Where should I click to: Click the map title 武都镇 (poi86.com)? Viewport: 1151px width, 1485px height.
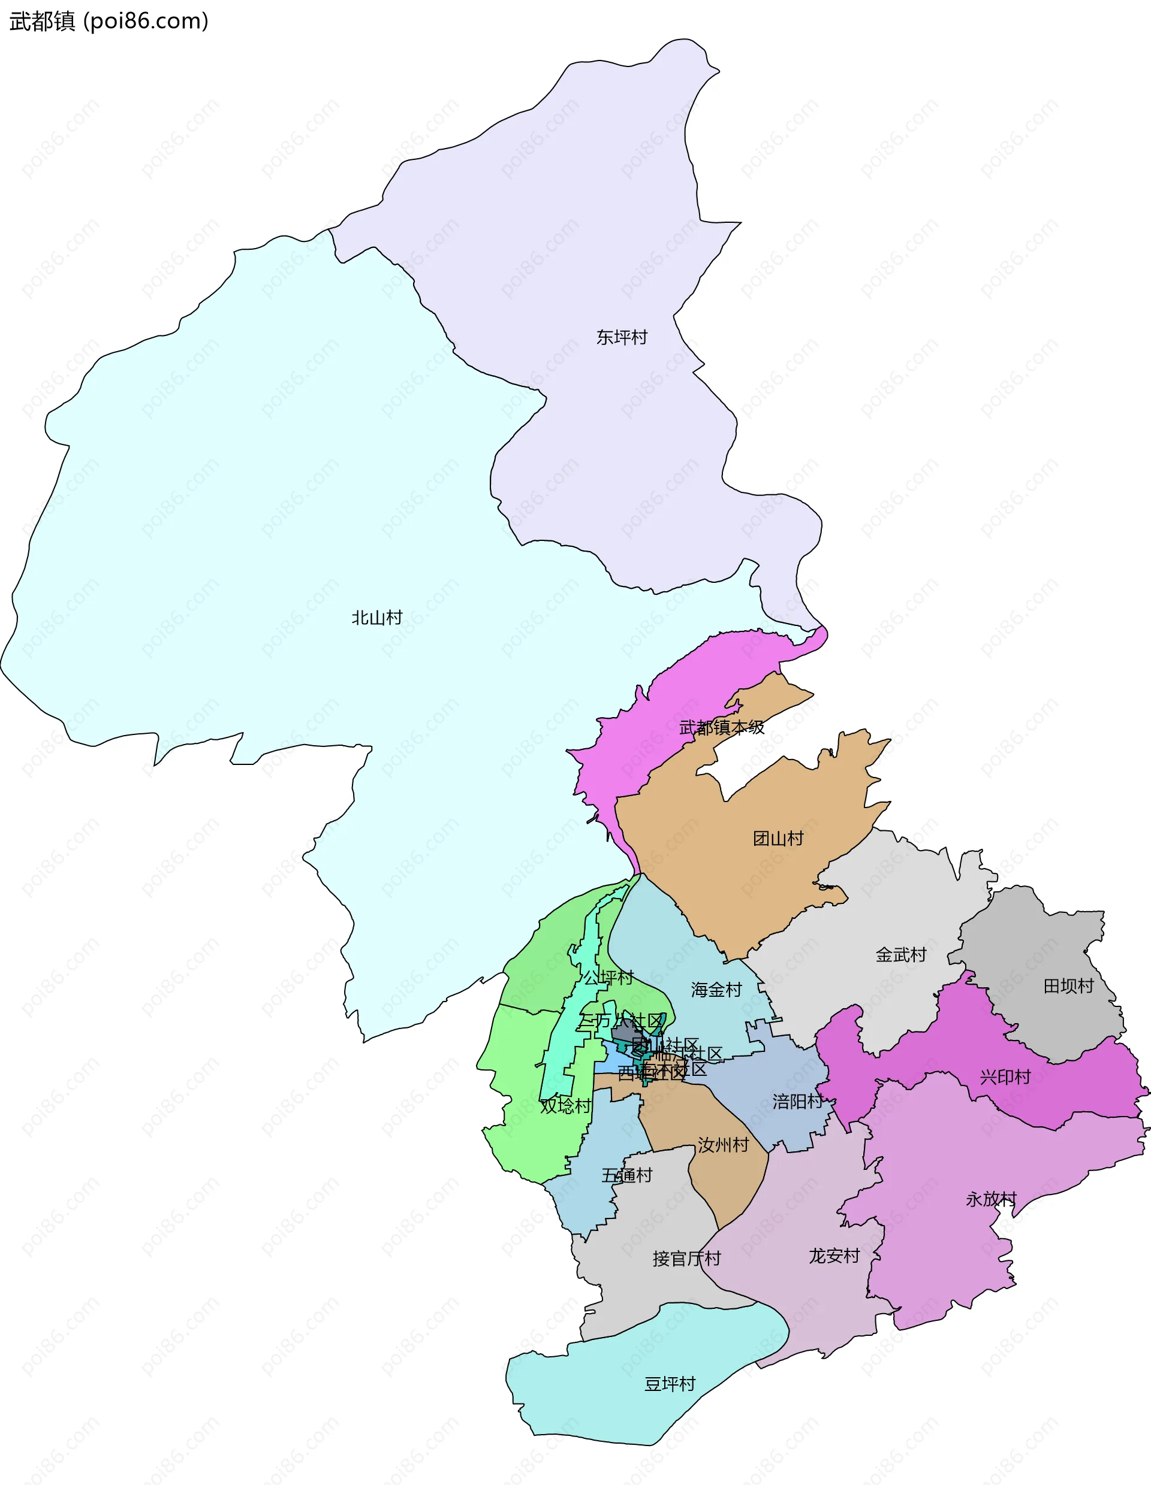pyautogui.click(x=109, y=21)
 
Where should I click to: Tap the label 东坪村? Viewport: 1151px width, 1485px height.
pyautogui.click(x=621, y=337)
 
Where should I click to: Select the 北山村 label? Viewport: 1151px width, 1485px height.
pyautogui.click(x=377, y=618)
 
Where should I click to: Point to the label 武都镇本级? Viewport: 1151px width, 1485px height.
pyautogui.click(x=721, y=728)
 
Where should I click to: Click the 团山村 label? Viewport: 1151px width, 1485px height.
pyautogui.click(x=778, y=839)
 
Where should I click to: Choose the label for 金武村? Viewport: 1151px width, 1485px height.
pyautogui.click(x=900, y=955)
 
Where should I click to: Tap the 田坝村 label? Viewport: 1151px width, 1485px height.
pyautogui.click(x=1068, y=986)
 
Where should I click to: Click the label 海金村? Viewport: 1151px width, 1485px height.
pyautogui.click(x=716, y=990)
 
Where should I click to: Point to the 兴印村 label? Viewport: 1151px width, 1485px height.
pyautogui.click(x=1005, y=1077)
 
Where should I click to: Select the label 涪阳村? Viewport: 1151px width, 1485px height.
pyautogui.click(x=797, y=1102)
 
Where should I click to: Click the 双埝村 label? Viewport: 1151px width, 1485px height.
pyautogui.click(x=565, y=1106)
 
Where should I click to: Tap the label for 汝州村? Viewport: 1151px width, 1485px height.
pyautogui.click(x=722, y=1145)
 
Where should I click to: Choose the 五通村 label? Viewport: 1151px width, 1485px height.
pyautogui.click(x=626, y=1175)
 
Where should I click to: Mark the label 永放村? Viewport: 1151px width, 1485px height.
pyautogui.click(x=990, y=1199)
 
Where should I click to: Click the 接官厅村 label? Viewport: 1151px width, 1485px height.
pyautogui.click(x=686, y=1259)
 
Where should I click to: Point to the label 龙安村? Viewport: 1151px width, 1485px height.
pyautogui.click(x=834, y=1256)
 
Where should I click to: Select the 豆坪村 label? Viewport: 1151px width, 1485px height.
pyautogui.click(x=670, y=1384)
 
